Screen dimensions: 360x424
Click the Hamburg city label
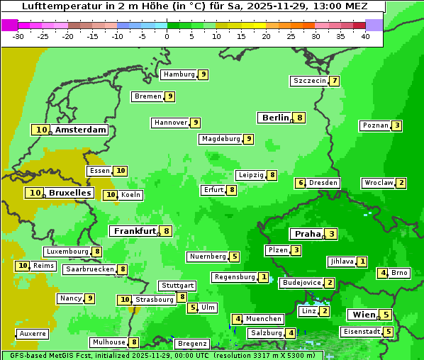(179, 74)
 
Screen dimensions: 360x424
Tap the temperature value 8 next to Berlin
(300, 118)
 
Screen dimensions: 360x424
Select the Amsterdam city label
(80, 130)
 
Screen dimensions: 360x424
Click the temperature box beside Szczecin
(334, 81)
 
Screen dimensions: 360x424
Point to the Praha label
(308, 234)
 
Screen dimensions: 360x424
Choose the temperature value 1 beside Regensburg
(264, 277)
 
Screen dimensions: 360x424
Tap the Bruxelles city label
(69, 193)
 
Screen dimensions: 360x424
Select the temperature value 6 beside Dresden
(301, 183)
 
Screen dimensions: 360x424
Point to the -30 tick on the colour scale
(18, 36)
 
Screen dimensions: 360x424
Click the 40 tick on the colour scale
(365, 36)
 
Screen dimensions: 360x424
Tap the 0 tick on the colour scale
(167, 36)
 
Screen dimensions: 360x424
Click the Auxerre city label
(33, 333)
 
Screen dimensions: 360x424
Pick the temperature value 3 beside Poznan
(397, 126)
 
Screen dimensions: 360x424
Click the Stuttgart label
(177, 286)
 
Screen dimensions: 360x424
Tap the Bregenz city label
(192, 344)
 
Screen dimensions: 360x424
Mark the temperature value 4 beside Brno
(382, 273)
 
